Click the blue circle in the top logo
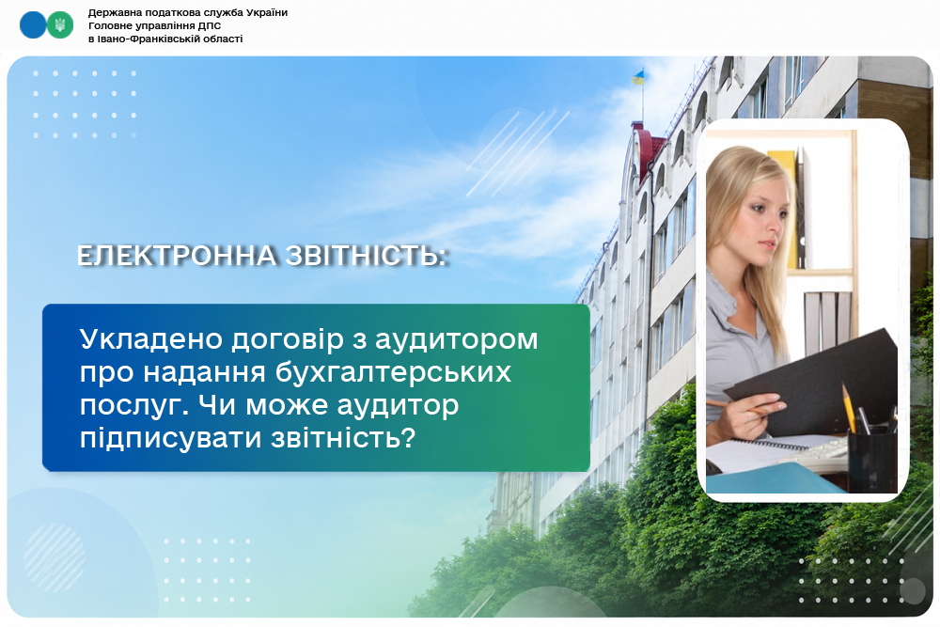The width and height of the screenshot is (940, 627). click(33, 25)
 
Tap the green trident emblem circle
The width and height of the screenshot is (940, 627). click(60, 25)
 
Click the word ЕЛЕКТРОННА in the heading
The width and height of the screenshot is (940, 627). click(177, 256)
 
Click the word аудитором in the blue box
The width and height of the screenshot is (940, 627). click(457, 340)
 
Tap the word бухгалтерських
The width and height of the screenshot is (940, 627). click(393, 372)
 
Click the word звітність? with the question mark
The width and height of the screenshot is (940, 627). click(343, 438)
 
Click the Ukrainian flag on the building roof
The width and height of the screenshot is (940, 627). click(638, 77)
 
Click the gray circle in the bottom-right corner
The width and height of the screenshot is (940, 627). click(913, 591)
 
